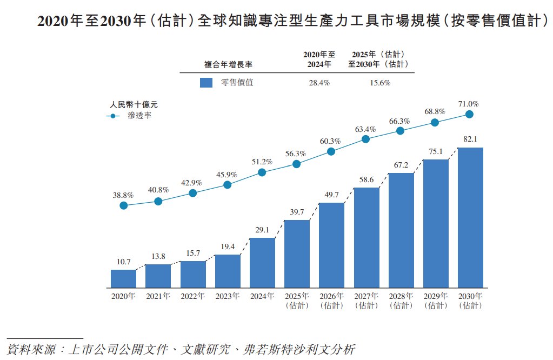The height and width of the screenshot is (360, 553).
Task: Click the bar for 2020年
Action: coord(123,278)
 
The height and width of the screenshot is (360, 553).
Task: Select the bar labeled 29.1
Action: coord(262,263)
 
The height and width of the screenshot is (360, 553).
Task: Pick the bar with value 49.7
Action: coord(331,245)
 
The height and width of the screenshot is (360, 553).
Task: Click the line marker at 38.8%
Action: coord(124,205)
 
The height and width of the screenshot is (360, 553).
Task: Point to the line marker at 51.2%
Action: coord(262,172)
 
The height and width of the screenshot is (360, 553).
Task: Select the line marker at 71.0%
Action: coord(470,114)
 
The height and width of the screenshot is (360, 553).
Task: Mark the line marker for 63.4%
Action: coord(365,139)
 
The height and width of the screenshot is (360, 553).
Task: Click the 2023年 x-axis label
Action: coord(228,296)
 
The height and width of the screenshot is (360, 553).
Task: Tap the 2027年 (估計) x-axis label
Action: coord(366,301)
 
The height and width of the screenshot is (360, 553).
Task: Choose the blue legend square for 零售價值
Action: coord(206,83)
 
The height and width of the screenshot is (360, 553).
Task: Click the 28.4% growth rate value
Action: coord(319,83)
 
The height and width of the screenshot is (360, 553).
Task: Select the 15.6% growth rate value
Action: coord(378,83)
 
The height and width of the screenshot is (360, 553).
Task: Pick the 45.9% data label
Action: coord(228,175)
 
